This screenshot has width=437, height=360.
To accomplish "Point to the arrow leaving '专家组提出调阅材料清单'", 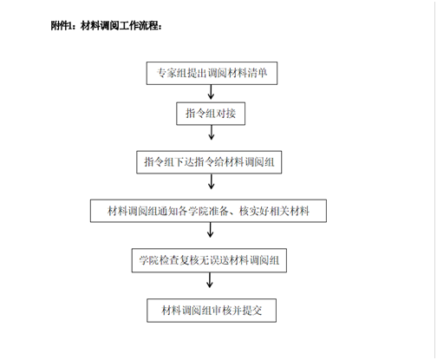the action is click(x=211, y=92).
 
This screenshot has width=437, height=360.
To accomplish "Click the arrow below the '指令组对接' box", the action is click(x=212, y=133).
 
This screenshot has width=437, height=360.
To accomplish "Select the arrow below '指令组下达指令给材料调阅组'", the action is click(x=212, y=181).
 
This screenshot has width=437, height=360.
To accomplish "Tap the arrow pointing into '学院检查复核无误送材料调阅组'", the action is click(x=211, y=230).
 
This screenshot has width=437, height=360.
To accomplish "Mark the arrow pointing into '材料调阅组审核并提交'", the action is click(x=210, y=280).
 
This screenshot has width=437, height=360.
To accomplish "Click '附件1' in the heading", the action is click(x=61, y=26).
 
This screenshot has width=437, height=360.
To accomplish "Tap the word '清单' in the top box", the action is click(x=258, y=73).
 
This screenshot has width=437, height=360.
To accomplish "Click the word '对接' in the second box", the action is click(x=225, y=113).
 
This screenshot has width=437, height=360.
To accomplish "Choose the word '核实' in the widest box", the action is click(x=249, y=211).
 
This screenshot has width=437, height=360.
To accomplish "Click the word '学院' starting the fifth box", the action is click(x=149, y=260).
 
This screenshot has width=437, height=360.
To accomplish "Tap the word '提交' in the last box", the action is click(x=252, y=311).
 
